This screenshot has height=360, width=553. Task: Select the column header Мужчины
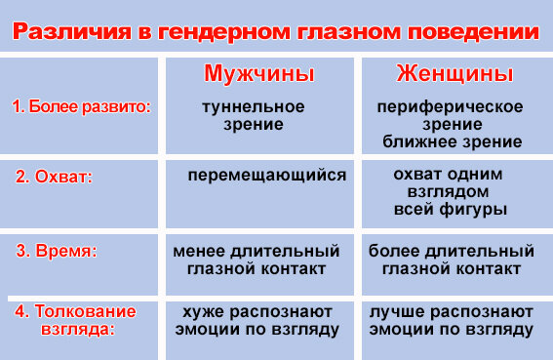click(x=258, y=74)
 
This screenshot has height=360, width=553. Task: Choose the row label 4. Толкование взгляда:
click(x=75, y=320)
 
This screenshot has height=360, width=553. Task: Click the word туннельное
click(x=253, y=106)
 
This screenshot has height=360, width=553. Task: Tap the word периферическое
click(x=451, y=106)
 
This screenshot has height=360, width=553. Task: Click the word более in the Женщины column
click(x=394, y=251)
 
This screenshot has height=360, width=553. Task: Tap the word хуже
click(x=202, y=311)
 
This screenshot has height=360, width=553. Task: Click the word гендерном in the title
click(x=215, y=32)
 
